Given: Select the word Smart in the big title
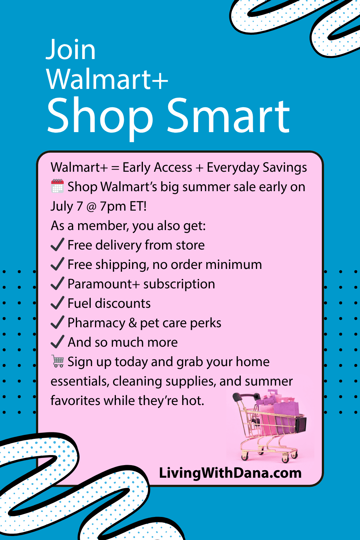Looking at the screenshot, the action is tap(228, 115).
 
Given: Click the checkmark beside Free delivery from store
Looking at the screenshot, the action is tap(57, 244).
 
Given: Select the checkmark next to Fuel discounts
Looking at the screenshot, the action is tap(57, 303).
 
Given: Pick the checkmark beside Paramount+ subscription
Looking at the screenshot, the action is tap(57, 283).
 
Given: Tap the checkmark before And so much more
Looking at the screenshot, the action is tap(57, 342).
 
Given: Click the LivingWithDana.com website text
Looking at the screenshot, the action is tap(230, 473).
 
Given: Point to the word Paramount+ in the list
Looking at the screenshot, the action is tap(104, 284).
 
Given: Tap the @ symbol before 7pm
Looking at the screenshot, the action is tap(91, 207).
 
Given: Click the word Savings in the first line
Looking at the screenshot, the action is tap(285, 167).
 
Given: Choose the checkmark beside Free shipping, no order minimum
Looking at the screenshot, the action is tap(57, 264).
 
